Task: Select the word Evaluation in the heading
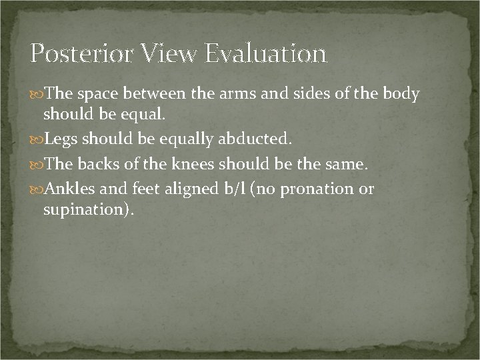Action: tap(265, 53)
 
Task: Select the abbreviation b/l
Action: tap(230, 190)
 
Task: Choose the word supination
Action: tap(87, 210)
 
